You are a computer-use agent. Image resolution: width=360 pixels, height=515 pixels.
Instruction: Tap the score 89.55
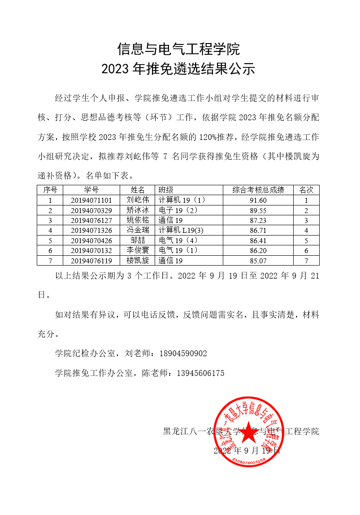pyautogui.click(x=258, y=210)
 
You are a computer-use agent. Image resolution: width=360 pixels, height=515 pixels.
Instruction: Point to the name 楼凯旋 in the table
pyautogui.click(x=138, y=260)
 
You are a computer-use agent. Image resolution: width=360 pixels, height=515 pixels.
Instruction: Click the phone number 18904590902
pyautogui.click(x=183, y=354)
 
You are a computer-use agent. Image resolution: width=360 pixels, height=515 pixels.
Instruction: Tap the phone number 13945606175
pyautogui.click(x=200, y=373)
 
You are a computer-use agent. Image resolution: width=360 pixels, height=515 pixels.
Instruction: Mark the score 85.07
pyautogui.click(x=258, y=260)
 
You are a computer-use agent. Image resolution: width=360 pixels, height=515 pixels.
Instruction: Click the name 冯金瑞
pyautogui.click(x=138, y=231)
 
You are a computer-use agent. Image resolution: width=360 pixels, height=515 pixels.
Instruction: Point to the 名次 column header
pyautogui.click(x=306, y=190)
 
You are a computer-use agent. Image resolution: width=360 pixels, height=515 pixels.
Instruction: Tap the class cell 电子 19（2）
pyautogui.click(x=178, y=210)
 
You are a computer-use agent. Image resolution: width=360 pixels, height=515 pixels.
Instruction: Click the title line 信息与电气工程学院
pyautogui.click(x=179, y=48)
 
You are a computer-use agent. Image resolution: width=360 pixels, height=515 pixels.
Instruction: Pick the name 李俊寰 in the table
pyautogui.click(x=138, y=250)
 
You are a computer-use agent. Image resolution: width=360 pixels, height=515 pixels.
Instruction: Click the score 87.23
pyautogui.click(x=258, y=220)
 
